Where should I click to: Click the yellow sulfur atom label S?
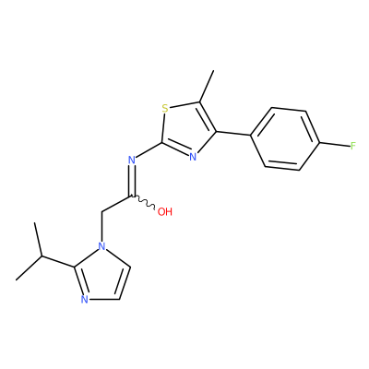[165, 108]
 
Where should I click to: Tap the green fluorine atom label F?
[353, 146]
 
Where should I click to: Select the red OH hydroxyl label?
[165, 211]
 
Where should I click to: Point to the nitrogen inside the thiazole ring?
[193, 157]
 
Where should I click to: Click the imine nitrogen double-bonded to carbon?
[132, 160]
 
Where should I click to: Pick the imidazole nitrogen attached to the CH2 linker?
[101, 246]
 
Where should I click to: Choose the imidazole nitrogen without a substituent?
[85, 299]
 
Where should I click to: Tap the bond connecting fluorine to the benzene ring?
[335, 144]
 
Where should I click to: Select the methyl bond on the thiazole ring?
[207, 86]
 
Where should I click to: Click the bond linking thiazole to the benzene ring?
[233, 134]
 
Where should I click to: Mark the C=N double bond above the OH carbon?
[132, 181]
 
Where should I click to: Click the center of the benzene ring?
[285, 138]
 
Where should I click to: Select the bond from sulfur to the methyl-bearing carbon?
[184, 104]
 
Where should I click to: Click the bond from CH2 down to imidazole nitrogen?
[101, 227]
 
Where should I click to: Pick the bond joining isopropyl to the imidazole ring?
[58, 261]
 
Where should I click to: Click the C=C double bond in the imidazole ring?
[125, 282]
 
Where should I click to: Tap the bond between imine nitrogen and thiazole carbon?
[149, 150]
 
